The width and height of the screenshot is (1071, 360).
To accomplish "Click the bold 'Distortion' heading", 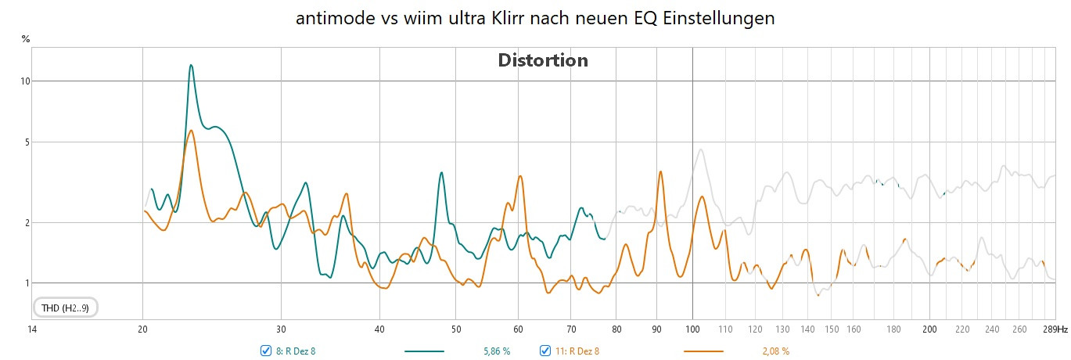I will click(x=543, y=60).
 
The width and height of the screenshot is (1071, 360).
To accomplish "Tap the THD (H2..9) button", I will click(x=65, y=308).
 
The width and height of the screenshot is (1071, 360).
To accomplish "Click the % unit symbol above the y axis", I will click(x=26, y=38).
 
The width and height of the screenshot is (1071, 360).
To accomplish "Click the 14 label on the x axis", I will click(x=31, y=330).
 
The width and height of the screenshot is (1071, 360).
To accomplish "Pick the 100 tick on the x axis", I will click(x=692, y=330).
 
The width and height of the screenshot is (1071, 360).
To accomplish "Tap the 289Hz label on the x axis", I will click(x=1055, y=330).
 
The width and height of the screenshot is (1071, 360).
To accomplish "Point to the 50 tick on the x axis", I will click(x=455, y=330).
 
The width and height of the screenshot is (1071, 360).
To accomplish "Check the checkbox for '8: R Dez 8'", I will click(x=266, y=351).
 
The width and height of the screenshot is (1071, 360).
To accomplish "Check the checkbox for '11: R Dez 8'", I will click(x=545, y=351).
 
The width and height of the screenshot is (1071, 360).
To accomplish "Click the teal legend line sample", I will click(x=424, y=351).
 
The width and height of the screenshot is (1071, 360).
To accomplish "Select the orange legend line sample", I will click(x=703, y=351).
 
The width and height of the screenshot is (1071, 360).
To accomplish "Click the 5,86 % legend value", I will click(x=497, y=351).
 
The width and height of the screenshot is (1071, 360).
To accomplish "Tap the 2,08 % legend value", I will click(x=774, y=351).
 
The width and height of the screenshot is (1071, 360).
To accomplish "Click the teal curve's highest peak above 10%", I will click(x=190, y=66).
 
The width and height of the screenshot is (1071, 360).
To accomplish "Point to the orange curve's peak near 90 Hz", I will click(x=661, y=171).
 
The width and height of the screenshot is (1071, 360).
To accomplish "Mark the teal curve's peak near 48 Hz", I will click(x=442, y=173).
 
